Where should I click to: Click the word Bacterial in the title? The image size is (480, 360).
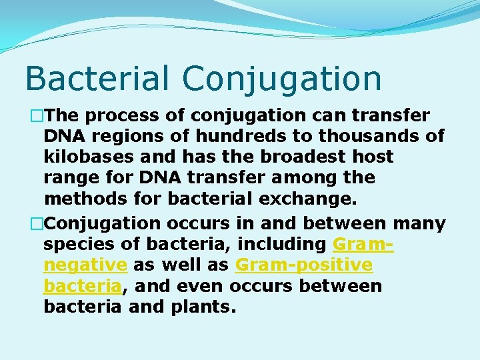tap(99, 78)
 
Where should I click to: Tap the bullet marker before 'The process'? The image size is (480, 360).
tap(31, 115)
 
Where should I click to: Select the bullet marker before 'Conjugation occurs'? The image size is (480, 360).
tap(31, 223)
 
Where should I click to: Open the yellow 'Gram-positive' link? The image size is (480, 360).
tap(304, 265)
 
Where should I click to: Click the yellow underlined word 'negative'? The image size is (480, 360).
tap(85, 265)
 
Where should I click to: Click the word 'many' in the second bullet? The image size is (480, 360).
tap(419, 223)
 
